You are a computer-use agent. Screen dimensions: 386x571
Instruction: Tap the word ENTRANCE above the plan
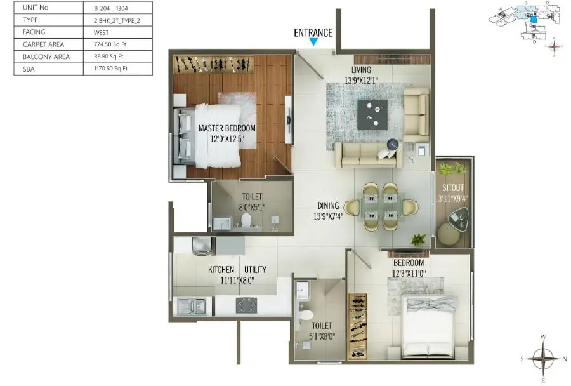pos(313,33)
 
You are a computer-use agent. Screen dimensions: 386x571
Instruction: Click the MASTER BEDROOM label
pos(226,128)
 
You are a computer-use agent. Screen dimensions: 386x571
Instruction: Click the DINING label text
pos(329,206)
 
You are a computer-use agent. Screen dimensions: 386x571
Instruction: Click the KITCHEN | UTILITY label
pos(237,270)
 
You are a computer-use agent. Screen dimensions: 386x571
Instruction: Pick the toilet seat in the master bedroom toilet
pos(246,220)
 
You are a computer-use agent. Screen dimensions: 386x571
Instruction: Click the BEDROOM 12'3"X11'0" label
pos(409,269)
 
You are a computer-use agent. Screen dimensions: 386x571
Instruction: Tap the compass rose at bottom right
pos(543,358)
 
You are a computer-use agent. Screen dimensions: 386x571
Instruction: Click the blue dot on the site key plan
pos(534,20)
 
